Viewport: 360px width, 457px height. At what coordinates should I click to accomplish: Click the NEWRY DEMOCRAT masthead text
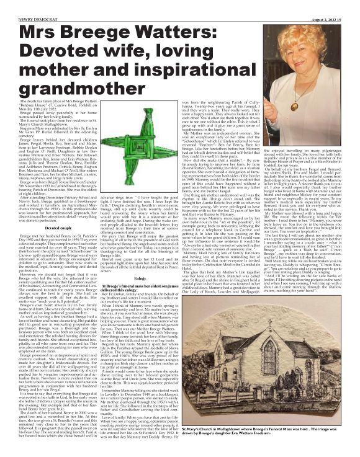tap(25, 4)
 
